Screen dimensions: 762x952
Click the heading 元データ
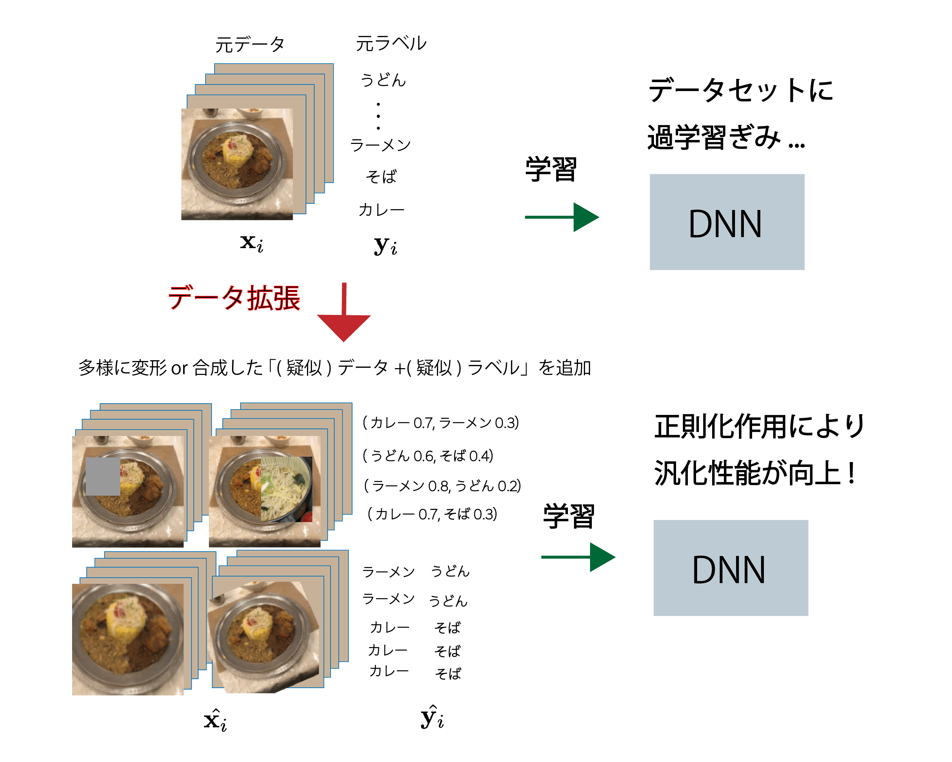tap(250, 45)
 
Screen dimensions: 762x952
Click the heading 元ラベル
tap(391, 44)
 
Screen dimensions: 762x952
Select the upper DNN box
tap(726, 222)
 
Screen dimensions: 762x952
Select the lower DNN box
tap(730, 568)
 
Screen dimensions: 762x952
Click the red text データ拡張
tap(234, 298)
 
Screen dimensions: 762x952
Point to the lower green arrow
tap(578, 557)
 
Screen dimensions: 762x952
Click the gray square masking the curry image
tap(102, 476)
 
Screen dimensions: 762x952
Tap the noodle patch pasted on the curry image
tap(286, 489)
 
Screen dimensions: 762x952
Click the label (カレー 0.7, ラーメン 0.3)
tap(440, 423)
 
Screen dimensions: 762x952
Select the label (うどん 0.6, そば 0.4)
tap(427, 455)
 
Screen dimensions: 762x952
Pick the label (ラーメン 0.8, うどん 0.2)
tap(442, 486)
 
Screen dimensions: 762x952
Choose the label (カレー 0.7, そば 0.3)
tap(432, 514)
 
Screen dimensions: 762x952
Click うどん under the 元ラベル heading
tap(383, 80)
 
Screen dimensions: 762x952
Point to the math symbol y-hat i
tap(432, 718)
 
